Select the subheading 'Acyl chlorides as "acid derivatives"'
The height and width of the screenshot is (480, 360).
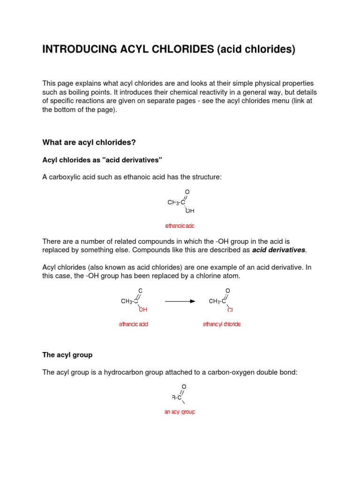click(x=102, y=160)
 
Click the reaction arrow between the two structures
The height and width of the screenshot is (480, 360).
click(x=180, y=301)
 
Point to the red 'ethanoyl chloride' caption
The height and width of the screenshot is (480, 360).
click(x=222, y=324)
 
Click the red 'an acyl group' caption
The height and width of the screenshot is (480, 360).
click(x=180, y=412)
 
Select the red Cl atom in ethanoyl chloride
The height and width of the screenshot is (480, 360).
click(x=230, y=310)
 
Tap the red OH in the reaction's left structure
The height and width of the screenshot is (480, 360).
click(x=143, y=310)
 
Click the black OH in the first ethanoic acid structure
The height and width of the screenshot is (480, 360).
click(x=190, y=211)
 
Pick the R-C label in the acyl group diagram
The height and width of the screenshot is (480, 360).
click(x=177, y=397)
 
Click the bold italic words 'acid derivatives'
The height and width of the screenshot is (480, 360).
click(x=278, y=250)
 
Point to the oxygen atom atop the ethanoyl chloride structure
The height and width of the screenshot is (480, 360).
click(x=228, y=291)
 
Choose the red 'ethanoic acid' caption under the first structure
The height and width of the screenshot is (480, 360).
click(x=180, y=226)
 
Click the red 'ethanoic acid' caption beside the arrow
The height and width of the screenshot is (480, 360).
click(x=134, y=324)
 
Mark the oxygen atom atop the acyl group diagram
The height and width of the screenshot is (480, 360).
click(x=184, y=387)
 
